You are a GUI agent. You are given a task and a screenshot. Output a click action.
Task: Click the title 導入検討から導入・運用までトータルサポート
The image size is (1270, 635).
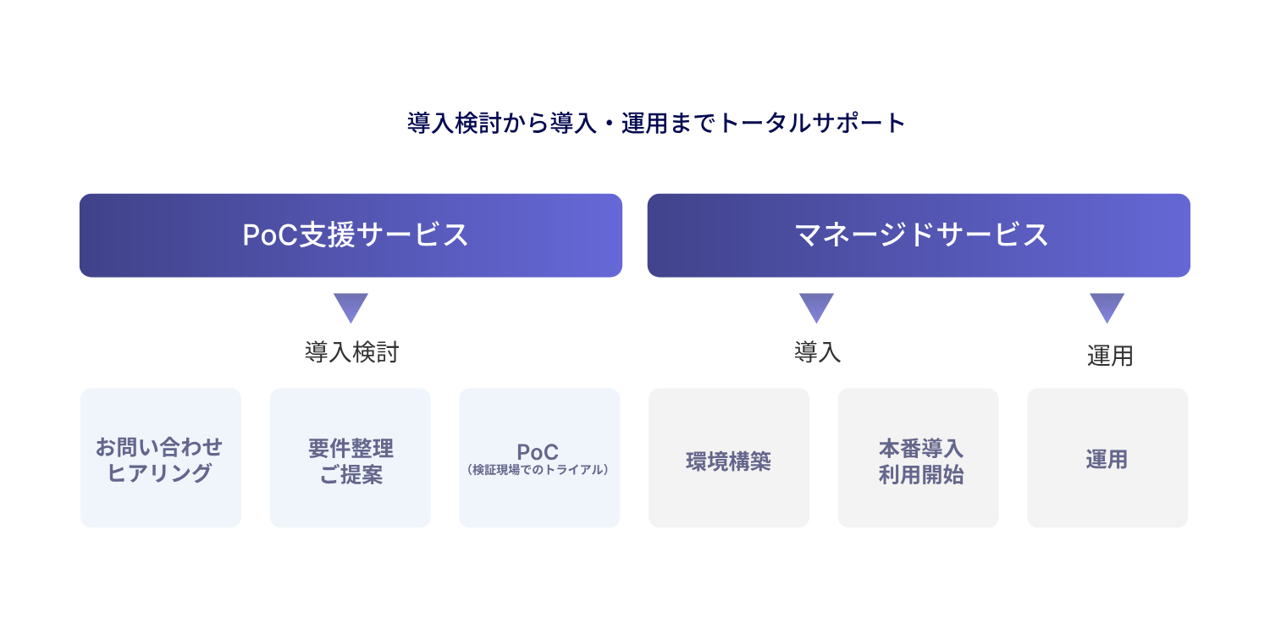pos(656,124)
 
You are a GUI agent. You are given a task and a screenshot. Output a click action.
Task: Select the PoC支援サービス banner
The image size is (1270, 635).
pos(351,235)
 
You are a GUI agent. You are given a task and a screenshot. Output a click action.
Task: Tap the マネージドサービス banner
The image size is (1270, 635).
pos(919,235)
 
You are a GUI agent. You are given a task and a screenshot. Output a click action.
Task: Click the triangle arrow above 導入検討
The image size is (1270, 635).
pos(351,306)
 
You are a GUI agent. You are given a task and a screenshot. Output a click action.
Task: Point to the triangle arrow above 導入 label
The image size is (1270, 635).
pos(817,306)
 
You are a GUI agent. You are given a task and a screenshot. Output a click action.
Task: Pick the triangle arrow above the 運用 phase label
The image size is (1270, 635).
pos(1107,306)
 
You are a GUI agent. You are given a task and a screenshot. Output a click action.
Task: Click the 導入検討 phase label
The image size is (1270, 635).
pos(351,353)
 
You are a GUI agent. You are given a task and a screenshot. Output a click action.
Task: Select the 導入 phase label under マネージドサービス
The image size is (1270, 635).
pos(817,353)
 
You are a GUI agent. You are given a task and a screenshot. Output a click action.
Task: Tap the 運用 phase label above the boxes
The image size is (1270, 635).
pos(1109,356)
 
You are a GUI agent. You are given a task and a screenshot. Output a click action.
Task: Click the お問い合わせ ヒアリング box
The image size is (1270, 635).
pos(161,458)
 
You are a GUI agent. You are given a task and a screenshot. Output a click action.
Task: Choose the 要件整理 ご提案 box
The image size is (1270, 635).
pos(351,458)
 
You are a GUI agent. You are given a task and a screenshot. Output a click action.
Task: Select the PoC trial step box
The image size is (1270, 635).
pos(539,458)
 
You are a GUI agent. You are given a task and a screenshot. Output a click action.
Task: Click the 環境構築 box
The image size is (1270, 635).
pos(729,458)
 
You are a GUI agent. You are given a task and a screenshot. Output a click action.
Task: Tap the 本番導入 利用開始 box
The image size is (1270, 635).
pos(919,458)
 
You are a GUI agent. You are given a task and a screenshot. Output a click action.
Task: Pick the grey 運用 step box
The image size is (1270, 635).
pos(1107,458)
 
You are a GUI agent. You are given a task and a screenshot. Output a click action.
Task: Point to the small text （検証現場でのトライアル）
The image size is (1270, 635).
pos(538,469)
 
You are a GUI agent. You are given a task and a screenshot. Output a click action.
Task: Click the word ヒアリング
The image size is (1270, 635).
pos(159,473)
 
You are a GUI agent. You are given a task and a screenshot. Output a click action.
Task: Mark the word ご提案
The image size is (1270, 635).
pos(351,475)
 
